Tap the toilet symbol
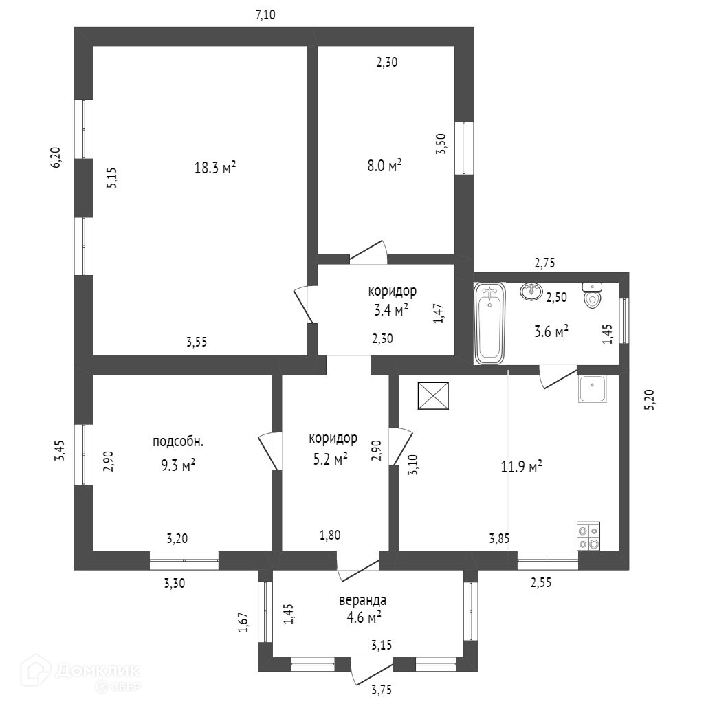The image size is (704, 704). pos(591,295)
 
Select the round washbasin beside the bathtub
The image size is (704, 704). pos(531,292)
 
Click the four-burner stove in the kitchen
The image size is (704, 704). pos(588,536)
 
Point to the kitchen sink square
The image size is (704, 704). pos(592,389)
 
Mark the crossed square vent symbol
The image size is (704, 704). pos(433,396)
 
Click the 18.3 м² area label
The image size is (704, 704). pos(215,167)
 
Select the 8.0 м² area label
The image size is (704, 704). pos(384,165)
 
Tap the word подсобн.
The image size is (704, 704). pos(178,441)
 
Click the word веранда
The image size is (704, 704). pos(362,600)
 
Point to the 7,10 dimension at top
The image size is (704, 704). pos(265,15)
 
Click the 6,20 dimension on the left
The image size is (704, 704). pos(57,157)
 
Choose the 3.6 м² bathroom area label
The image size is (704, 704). pos(551,332)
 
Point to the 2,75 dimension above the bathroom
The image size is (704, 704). pos(544,263)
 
